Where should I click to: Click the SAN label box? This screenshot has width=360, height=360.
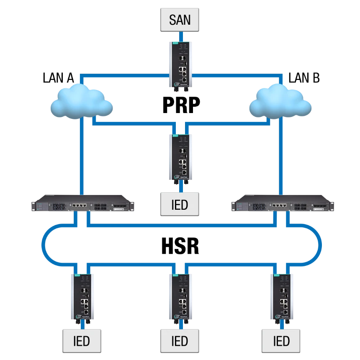coord(180,20)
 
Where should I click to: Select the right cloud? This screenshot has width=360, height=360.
coord(281,101)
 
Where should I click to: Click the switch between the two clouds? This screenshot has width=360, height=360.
coord(180,157)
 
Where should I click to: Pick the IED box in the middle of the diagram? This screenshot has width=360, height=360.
coord(180,205)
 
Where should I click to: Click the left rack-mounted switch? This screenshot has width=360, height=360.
coord(84,205)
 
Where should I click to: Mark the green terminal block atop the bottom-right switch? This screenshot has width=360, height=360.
coord(276,275)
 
